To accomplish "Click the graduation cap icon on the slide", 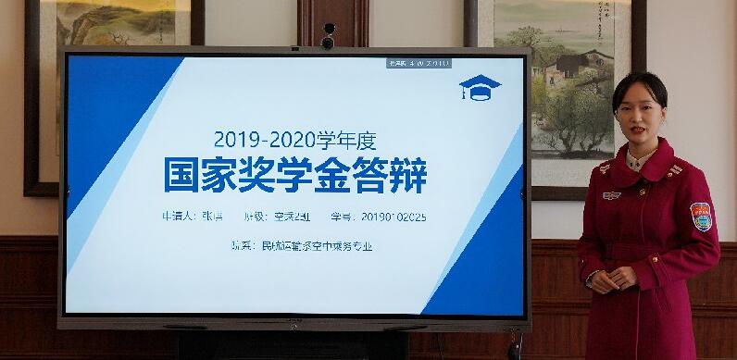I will (480, 88).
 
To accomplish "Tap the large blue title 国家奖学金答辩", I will (295, 176).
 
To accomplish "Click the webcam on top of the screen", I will (328, 38).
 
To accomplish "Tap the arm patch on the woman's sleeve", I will (700, 217).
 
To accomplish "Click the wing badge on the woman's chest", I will (611, 195).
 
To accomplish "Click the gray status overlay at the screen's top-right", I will (418, 63).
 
